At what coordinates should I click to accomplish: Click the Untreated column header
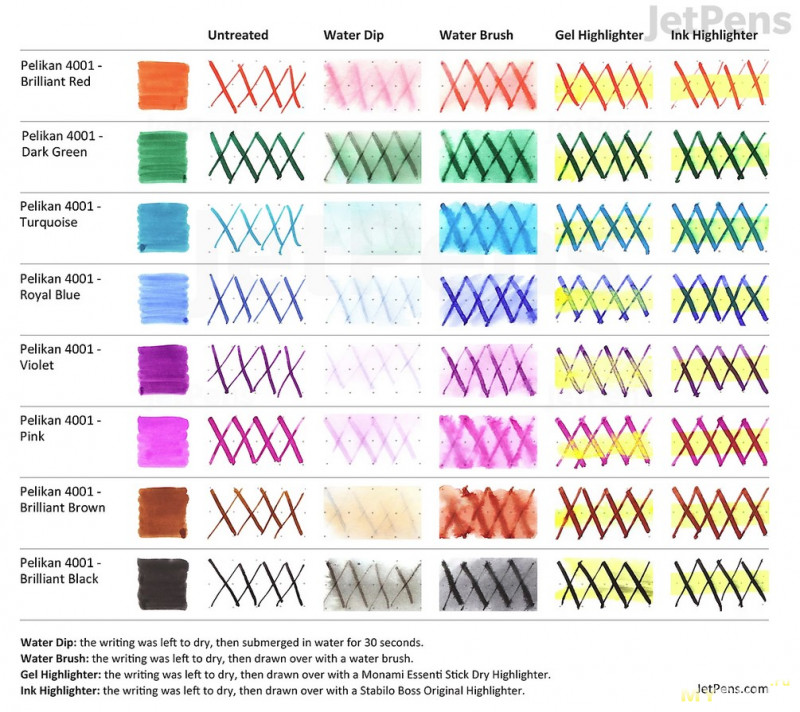tap(238, 35)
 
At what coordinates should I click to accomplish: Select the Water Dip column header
tap(353, 35)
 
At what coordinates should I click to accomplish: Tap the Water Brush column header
tap(476, 35)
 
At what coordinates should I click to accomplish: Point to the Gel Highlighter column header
tap(599, 35)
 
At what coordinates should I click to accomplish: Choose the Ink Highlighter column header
tap(714, 35)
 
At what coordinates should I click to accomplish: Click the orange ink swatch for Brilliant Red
tap(162, 85)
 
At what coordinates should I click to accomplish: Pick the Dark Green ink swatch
tap(162, 156)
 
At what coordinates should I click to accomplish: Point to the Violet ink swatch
tap(162, 370)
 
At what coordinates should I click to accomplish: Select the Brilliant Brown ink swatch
tap(162, 512)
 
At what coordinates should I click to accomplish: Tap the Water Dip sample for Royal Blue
tap(371, 299)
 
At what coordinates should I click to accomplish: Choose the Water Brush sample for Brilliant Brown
tap(487, 512)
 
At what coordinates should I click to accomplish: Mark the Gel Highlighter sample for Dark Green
tap(603, 156)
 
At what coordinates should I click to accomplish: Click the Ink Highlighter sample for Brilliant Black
tap(719, 583)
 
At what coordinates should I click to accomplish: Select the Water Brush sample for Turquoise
tap(487, 228)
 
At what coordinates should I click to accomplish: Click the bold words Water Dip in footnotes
tap(49, 641)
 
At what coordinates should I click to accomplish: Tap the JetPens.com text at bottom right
tap(733, 688)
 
